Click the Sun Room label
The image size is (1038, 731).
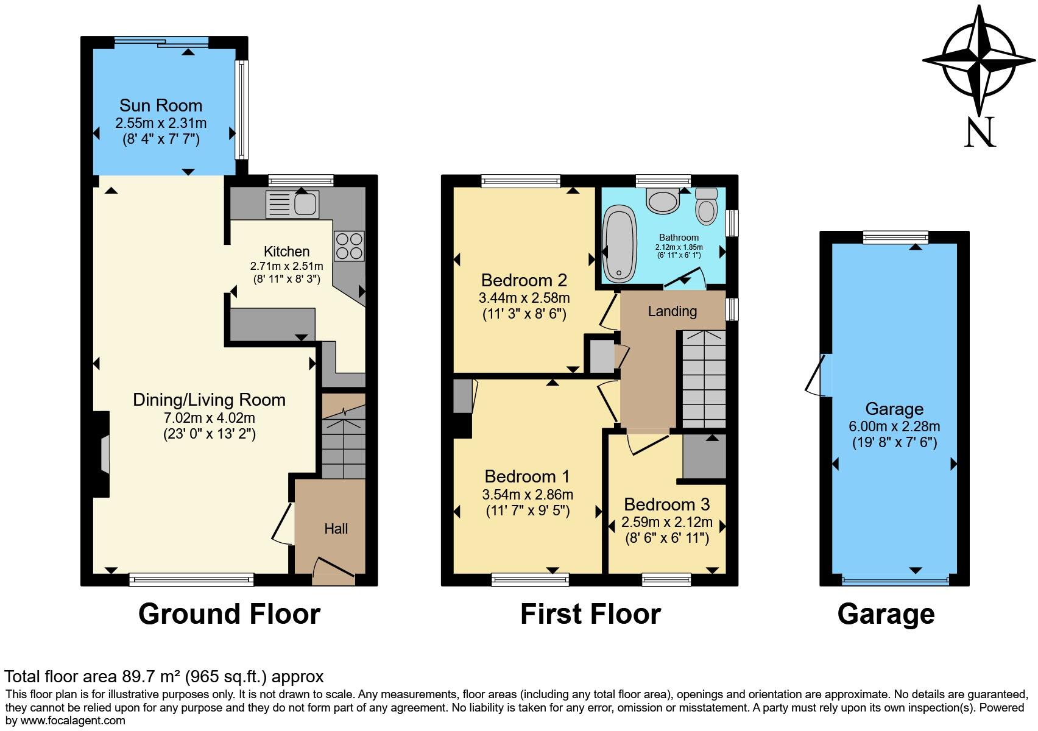click(161, 105)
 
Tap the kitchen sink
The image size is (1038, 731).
click(292, 204)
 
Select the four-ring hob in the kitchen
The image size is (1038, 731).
click(349, 246)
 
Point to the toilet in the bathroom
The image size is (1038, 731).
click(707, 206)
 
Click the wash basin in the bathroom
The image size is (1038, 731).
click(663, 200)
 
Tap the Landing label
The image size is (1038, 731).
click(672, 311)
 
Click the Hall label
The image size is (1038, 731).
click(336, 529)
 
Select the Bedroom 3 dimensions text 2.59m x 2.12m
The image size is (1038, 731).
click(667, 522)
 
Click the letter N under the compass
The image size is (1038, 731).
click(980, 132)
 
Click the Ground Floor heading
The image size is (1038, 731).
click(229, 614)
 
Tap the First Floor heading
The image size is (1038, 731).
click(590, 614)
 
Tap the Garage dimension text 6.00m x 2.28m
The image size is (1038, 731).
click(894, 426)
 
